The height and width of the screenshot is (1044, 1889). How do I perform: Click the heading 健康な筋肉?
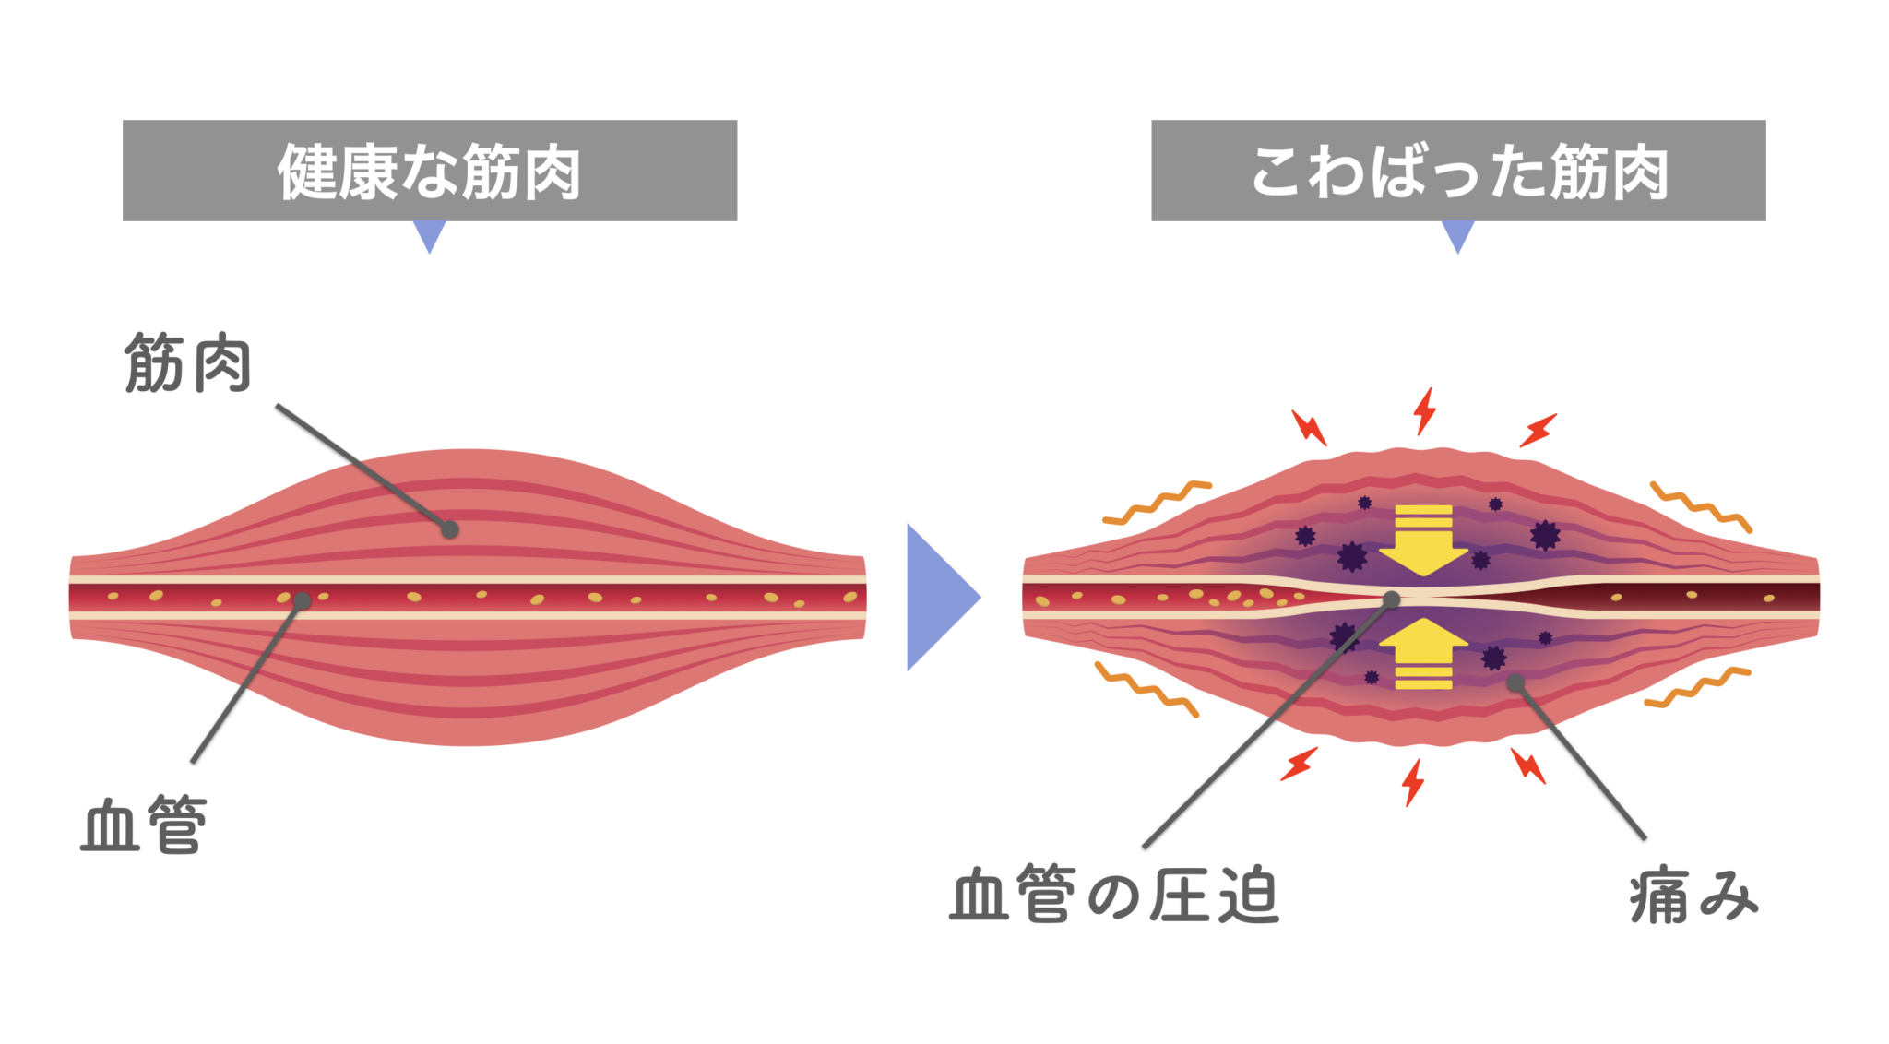pyautogui.click(x=429, y=172)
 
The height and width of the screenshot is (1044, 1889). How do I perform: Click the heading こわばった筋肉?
pyautogui.click(x=1458, y=172)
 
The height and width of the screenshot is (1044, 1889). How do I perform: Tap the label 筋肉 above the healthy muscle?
pyautogui.click(x=188, y=363)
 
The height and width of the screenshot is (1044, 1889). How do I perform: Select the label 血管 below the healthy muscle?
pyautogui.click(x=144, y=824)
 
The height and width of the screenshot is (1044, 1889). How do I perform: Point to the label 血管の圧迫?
pyautogui.click(x=1114, y=895)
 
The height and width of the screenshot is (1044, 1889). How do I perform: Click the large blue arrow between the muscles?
pyautogui.click(x=939, y=597)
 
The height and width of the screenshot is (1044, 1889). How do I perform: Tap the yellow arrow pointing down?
pyautogui.click(x=1423, y=540)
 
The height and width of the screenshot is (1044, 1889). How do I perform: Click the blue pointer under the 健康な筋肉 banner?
pyautogui.click(x=430, y=234)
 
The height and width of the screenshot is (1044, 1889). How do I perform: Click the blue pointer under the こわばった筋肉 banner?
pyautogui.click(x=1458, y=234)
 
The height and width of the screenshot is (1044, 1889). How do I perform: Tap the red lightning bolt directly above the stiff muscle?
pyautogui.click(x=1425, y=410)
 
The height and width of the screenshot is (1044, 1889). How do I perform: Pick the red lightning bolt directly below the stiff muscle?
pyautogui.click(x=1412, y=782)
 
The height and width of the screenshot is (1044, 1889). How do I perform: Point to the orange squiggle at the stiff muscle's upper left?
pyautogui.click(x=1157, y=503)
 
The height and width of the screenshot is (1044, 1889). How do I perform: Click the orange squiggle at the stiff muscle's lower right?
pyautogui.click(x=1697, y=688)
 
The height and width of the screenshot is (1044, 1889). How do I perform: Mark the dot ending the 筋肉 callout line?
pyautogui.click(x=449, y=529)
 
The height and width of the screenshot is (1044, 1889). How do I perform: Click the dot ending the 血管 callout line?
pyautogui.click(x=302, y=601)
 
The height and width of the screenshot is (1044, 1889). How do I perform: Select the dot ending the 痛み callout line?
pyautogui.click(x=1515, y=683)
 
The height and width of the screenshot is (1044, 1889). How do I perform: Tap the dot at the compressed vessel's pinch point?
pyautogui.click(x=1392, y=600)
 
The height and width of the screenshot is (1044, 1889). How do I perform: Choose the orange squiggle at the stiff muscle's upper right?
pyautogui.click(x=1701, y=506)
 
